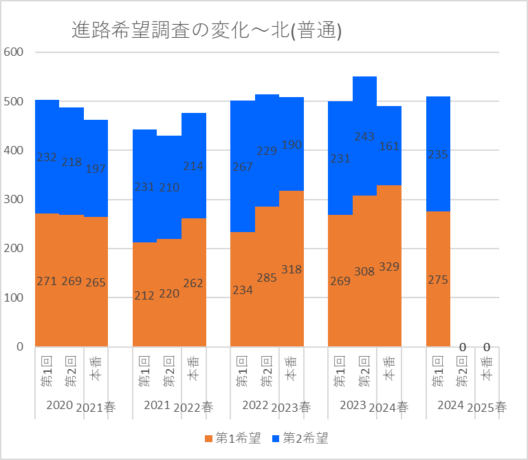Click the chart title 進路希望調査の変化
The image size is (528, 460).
[x=207, y=30]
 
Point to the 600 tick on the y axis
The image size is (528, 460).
[x=14, y=52]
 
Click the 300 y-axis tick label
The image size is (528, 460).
[x=14, y=200]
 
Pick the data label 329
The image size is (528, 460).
[x=389, y=266]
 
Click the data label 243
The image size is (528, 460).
[x=364, y=137]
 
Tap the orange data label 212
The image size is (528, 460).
[x=145, y=295]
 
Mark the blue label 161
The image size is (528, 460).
[x=389, y=145]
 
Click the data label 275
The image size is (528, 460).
[x=438, y=280]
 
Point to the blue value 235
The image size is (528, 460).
[x=438, y=155]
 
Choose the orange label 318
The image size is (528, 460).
[x=291, y=269]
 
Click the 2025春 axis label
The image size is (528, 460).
[x=487, y=407]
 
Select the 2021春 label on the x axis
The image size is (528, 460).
[x=96, y=407]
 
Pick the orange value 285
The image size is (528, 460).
[x=267, y=277]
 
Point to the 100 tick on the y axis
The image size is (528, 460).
[x=14, y=298]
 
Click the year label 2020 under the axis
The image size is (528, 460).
[x=59, y=405]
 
